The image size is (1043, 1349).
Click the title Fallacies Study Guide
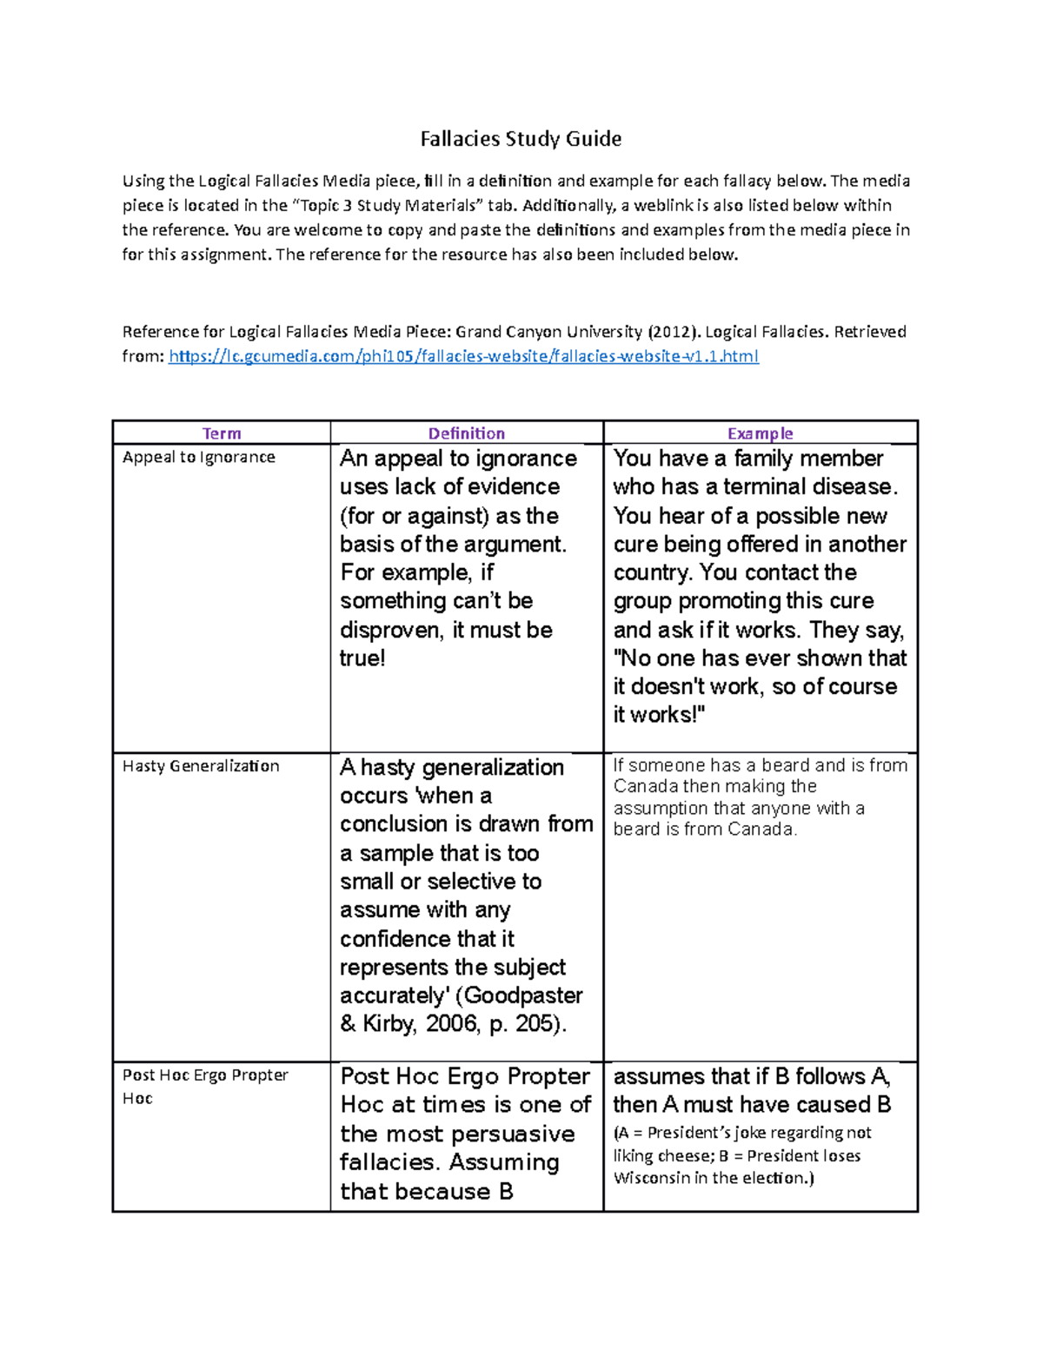521,139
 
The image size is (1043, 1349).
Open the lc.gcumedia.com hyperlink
463,356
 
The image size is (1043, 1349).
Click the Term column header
222,433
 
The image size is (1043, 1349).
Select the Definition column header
466,433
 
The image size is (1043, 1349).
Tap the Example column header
760,433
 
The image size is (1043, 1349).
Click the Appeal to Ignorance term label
199,457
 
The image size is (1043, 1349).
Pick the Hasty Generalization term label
201,766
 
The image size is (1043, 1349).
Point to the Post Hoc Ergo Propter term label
205,1075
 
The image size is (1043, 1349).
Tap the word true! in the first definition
362,658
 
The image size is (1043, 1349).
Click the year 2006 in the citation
452,1024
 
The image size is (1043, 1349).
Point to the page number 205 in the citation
536,1024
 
